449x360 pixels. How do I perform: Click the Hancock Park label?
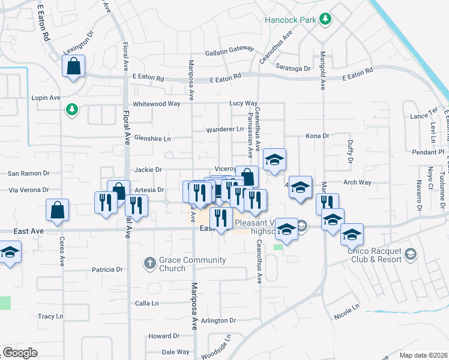[x=291, y=20]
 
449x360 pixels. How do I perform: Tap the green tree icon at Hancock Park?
[x=325, y=19]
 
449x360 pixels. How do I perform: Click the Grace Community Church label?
[x=184, y=264]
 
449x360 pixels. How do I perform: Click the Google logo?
[x=20, y=353]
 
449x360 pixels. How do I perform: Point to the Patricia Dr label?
[x=107, y=270]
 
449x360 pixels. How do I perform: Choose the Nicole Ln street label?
[x=346, y=310]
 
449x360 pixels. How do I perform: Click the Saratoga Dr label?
[x=292, y=68]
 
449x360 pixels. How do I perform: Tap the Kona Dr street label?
[x=318, y=136]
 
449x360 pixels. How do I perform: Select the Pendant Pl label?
[x=427, y=152]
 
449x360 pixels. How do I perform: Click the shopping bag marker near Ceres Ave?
[x=58, y=210]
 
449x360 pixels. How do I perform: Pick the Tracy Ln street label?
[x=50, y=316]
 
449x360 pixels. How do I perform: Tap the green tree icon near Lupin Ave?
[x=72, y=109]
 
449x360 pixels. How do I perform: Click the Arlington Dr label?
[x=216, y=321]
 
